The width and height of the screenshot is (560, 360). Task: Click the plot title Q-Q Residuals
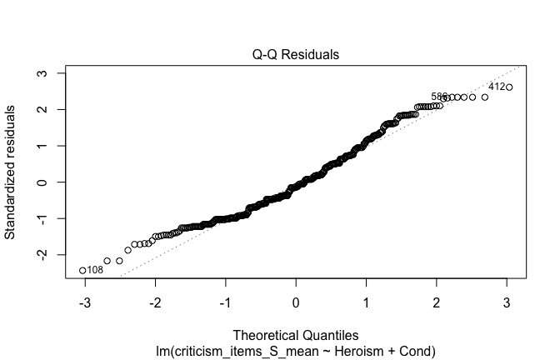pyautogui.click(x=296, y=55)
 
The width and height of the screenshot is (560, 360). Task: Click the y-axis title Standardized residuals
pyautogui.click(x=12, y=172)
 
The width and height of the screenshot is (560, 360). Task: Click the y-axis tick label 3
pyautogui.click(x=51, y=73)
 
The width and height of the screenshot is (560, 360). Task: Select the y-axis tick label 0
pyautogui.click(x=51, y=182)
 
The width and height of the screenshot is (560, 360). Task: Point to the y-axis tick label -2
pyautogui.click(x=51, y=252)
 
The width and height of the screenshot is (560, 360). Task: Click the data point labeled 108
pyautogui.click(x=82, y=270)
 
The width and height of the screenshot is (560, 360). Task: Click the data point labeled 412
pyautogui.click(x=509, y=87)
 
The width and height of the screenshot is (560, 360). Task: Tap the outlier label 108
pyautogui.click(x=95, y=270)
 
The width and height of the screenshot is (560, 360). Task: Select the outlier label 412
pyautogui.click(x=496, y=87)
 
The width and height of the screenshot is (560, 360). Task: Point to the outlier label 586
pyautogui.click(x=439, y=97)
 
